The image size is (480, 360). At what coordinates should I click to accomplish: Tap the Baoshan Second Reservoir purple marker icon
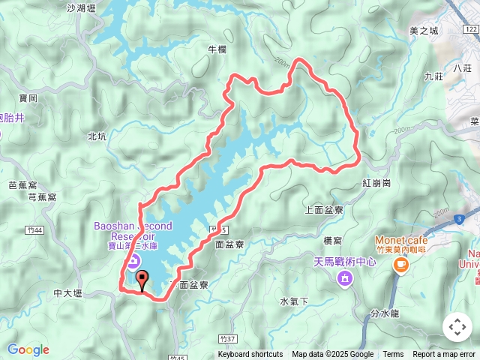[x=133, y=260]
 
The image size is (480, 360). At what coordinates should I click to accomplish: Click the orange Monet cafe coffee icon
[x=400, y=264]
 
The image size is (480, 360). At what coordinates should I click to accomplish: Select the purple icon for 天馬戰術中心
[x=344, y=280]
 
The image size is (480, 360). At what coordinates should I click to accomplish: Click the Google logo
[x=28, y=349]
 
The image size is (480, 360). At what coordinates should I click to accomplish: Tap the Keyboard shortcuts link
[x=250, y=355]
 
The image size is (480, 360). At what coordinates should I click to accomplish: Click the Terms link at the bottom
[x=393, y=355]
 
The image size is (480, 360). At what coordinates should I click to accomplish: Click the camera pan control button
[x=457, y=327]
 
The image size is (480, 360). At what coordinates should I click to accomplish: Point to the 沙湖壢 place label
[x=82, y=8]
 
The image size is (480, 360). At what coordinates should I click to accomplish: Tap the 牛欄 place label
[x=216, y=49]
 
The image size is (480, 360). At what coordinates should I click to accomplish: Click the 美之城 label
[x=424, y=31]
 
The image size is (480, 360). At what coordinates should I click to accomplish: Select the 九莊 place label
[x=433, y=76]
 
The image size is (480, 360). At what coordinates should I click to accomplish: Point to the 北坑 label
[x=97, y=136]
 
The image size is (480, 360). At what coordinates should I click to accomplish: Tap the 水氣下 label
[x=294, y=301]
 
